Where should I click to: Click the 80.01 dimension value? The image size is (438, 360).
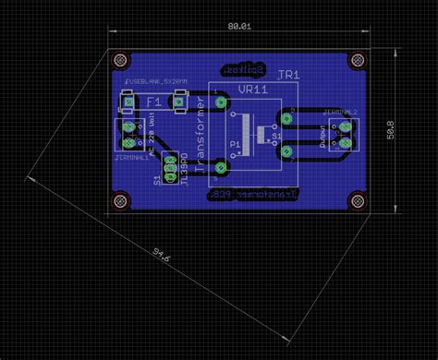pyautogui.click(x=238, y=29)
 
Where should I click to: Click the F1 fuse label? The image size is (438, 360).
pyautogui.click(x=153, y=101)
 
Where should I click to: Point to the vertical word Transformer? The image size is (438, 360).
pyautogui.click(x=201, y=129)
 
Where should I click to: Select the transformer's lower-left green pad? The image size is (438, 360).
pyautogui.click(x=221, y=167)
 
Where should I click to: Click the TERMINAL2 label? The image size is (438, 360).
pyautogui.click(x=339, y=112)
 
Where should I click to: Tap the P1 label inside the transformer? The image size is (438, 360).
pyautogui.click(x=234, y=146)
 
